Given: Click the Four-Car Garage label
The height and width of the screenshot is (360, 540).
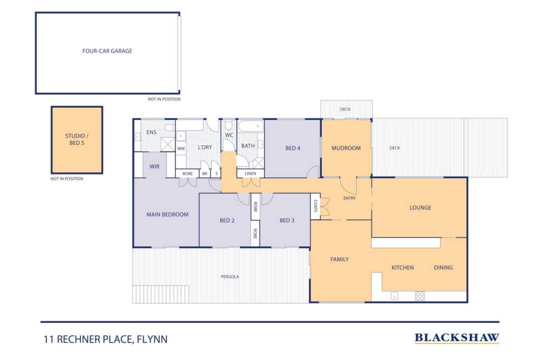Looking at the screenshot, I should point(107,51).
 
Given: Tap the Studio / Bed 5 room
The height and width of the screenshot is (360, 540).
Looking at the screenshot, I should point(77,139).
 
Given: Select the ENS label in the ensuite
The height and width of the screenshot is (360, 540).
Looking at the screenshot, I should point(151,133).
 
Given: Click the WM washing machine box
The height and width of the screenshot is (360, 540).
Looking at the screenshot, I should point(181,149).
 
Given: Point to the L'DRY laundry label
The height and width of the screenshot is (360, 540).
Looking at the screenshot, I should point(205,147).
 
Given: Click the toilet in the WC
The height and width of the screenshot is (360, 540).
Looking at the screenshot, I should point(229,125).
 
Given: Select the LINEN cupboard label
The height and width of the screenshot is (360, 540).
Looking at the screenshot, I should point(250,173).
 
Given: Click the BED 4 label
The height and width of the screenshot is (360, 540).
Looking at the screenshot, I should point(293,148).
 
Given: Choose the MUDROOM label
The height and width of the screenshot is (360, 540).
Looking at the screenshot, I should point(346,148).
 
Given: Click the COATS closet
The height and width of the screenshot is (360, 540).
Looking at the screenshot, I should point(315,206).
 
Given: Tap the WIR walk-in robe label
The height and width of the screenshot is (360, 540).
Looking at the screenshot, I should point(154,167).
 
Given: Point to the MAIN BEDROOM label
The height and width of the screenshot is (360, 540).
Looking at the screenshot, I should point(167,214).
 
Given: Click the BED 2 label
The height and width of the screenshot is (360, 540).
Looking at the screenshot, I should point(227,220).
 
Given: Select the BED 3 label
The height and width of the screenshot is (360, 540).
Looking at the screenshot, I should point(287,220).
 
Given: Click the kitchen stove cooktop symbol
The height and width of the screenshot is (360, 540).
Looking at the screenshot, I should point(420,296).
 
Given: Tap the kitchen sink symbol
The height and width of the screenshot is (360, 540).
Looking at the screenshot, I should point(394,296).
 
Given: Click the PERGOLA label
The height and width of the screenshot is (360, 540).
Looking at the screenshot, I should point(230,277).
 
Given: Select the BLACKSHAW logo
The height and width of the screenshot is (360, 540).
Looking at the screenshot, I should point(456,338).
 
